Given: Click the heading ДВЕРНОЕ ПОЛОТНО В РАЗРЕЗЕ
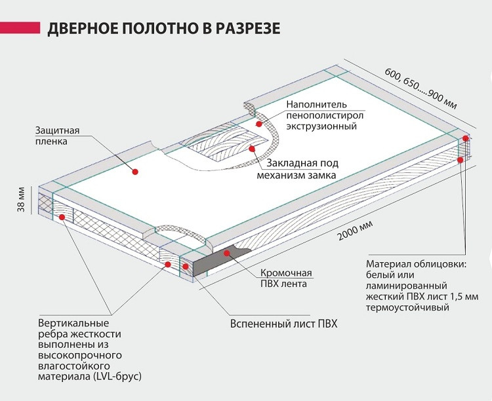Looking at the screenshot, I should point(163,29).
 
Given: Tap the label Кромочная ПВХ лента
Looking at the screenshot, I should point(282,278).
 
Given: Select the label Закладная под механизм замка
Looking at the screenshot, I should point(302,170).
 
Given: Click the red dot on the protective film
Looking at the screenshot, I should point(134,172).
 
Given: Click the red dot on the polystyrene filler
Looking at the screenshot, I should point(259,123).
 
